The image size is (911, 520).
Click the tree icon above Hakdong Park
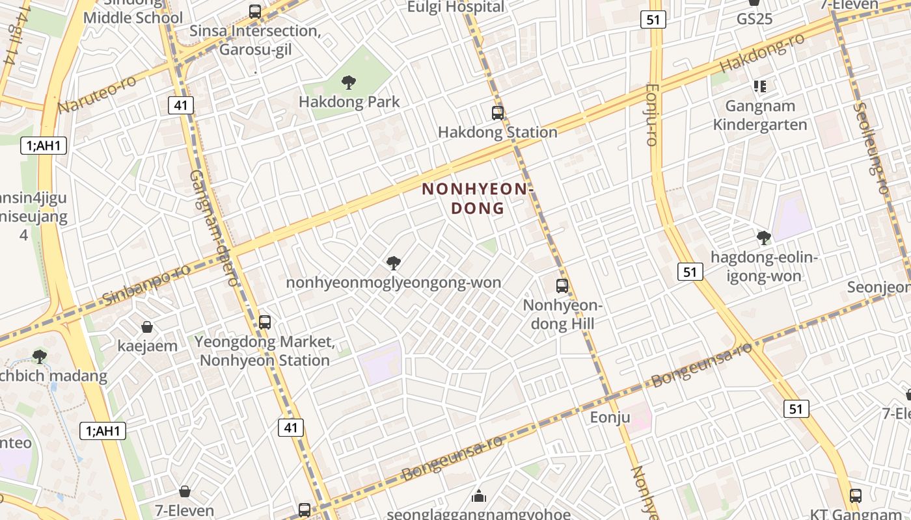[349, 83]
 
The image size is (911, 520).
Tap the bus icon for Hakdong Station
[498, 113]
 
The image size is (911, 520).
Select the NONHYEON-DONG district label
[478, 198]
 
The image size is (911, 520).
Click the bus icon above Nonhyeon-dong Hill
[562, 285]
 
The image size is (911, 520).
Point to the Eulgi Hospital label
[455, 7]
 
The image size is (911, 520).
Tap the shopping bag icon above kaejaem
[147, 327]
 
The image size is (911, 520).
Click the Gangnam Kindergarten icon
[759, 86]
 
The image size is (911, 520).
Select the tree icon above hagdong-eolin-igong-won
[763, 238]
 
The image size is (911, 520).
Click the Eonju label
[610, 417]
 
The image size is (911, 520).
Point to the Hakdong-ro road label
[762, 53]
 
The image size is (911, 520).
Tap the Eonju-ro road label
[653, 114]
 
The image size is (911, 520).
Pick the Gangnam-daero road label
[214, 227]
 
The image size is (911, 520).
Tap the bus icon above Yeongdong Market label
[265, 322]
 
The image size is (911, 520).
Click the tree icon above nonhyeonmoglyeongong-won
[393, 263]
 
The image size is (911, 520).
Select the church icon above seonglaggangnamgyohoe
[479, 497]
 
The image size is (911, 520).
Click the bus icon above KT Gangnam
[856, 495]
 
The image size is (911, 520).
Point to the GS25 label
[754, 19]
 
